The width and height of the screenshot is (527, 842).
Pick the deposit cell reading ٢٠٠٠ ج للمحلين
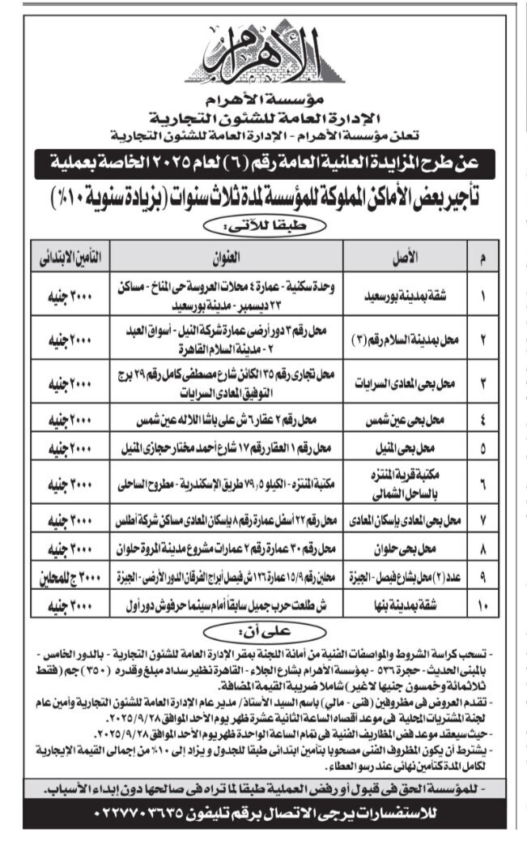coord(70,576)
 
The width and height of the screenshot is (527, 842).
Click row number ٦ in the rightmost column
coord(483,483)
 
